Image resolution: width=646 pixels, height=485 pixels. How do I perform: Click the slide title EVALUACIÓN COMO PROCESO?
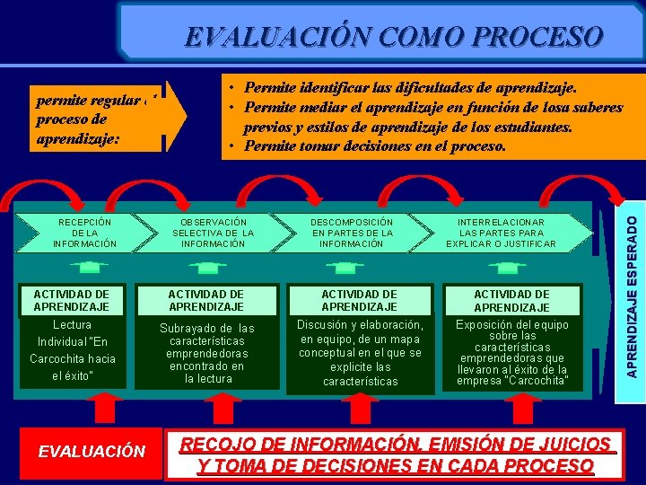pos(394,37)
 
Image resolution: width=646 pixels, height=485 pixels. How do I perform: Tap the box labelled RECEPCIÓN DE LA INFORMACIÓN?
pos(84,233)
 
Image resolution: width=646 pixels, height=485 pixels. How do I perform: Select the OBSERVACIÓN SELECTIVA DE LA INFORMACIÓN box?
pos(213,233)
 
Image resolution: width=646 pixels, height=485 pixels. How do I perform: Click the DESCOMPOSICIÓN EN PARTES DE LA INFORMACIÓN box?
pos(352,233)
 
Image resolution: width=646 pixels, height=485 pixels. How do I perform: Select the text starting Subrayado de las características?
pos(207,353)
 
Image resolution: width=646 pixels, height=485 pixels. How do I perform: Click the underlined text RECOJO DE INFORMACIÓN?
pos(395,454)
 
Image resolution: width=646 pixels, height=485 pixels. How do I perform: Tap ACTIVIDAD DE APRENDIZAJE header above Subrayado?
pos(206,300)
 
